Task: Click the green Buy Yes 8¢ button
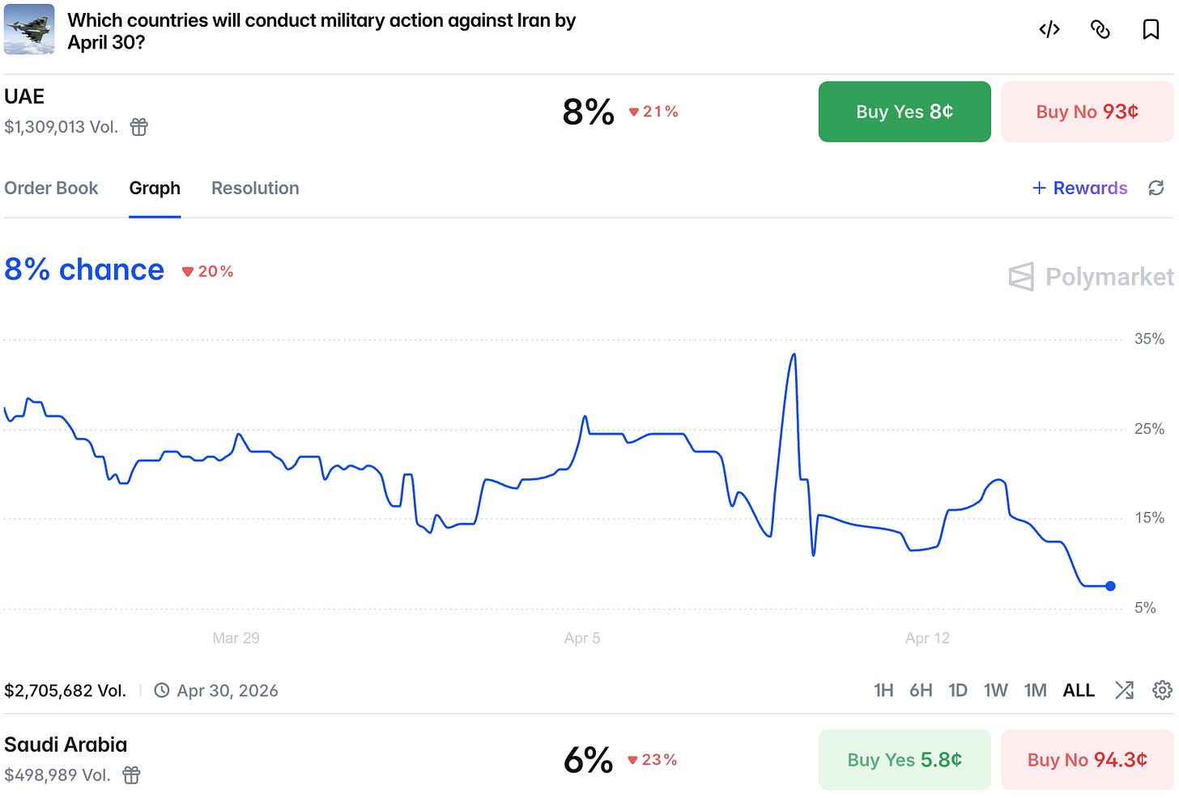[904, 112]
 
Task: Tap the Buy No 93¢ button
[1087, 112]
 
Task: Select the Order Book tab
[51, 189]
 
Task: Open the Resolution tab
[255, 189]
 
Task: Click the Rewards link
[1080, 188]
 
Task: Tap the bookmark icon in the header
[1151, 29]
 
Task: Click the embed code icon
[1049, 29]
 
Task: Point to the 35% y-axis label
[1149, 339]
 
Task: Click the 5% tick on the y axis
[1145, 608]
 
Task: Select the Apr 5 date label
[582, 638]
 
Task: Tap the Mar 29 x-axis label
[236, 638]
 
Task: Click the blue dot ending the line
[1110, 585]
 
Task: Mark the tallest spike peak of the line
[794, 354]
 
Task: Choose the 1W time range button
[995, 690]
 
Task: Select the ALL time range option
[1079, 690]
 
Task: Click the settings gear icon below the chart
[1162, 690]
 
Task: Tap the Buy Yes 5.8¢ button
[904, 760]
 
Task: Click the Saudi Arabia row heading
[66, 745]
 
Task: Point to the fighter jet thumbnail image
[29, 29]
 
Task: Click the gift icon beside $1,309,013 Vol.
[139, 127]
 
